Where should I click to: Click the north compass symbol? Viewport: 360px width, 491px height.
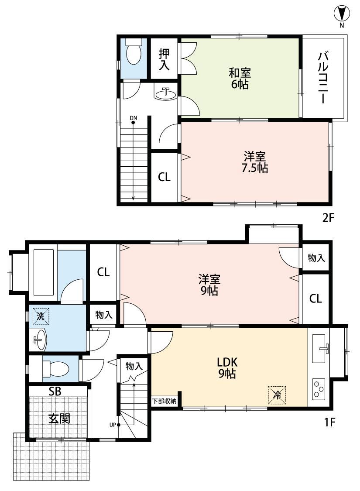pyautogui.click(x=342, y=14)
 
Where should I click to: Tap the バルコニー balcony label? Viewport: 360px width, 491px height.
pyautogui.click(x=323, y=78)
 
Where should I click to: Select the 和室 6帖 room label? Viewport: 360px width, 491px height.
pyautogui.click(x=240, y=78)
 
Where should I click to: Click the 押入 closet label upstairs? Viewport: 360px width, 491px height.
pyautogui.click(x=165, y=59)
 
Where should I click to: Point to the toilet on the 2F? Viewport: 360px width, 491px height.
pyautogui.click(x=134, y=51)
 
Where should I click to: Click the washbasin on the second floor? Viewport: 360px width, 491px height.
pyautogui.click(x=165, y=93)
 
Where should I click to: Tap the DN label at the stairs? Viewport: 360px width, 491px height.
pyautogui.click(x=134, y=118)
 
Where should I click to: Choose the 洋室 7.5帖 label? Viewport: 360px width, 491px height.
pyautogui.click(x=255, y=162)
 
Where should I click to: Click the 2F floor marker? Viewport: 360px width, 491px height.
pyautogui.click(x=329, y=217)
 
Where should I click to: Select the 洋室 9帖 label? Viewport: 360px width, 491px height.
pyautogui.click(x=209, y=285)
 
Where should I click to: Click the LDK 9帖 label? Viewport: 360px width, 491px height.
pyautogui.click(x=227, y=367)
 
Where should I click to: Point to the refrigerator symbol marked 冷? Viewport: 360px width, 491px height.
pyautogui.click(x=277, y=395)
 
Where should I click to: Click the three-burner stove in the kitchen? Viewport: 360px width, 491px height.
pyautogui.click(x=319, y=388)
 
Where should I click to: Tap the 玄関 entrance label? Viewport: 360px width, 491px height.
pyautogui.click(x=59, y=419)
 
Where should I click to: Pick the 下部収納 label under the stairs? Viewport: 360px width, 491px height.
pyautogui.click(x=165, y=401)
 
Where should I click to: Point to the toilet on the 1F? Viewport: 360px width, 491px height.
pyautogui.click(x=55, y=368)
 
